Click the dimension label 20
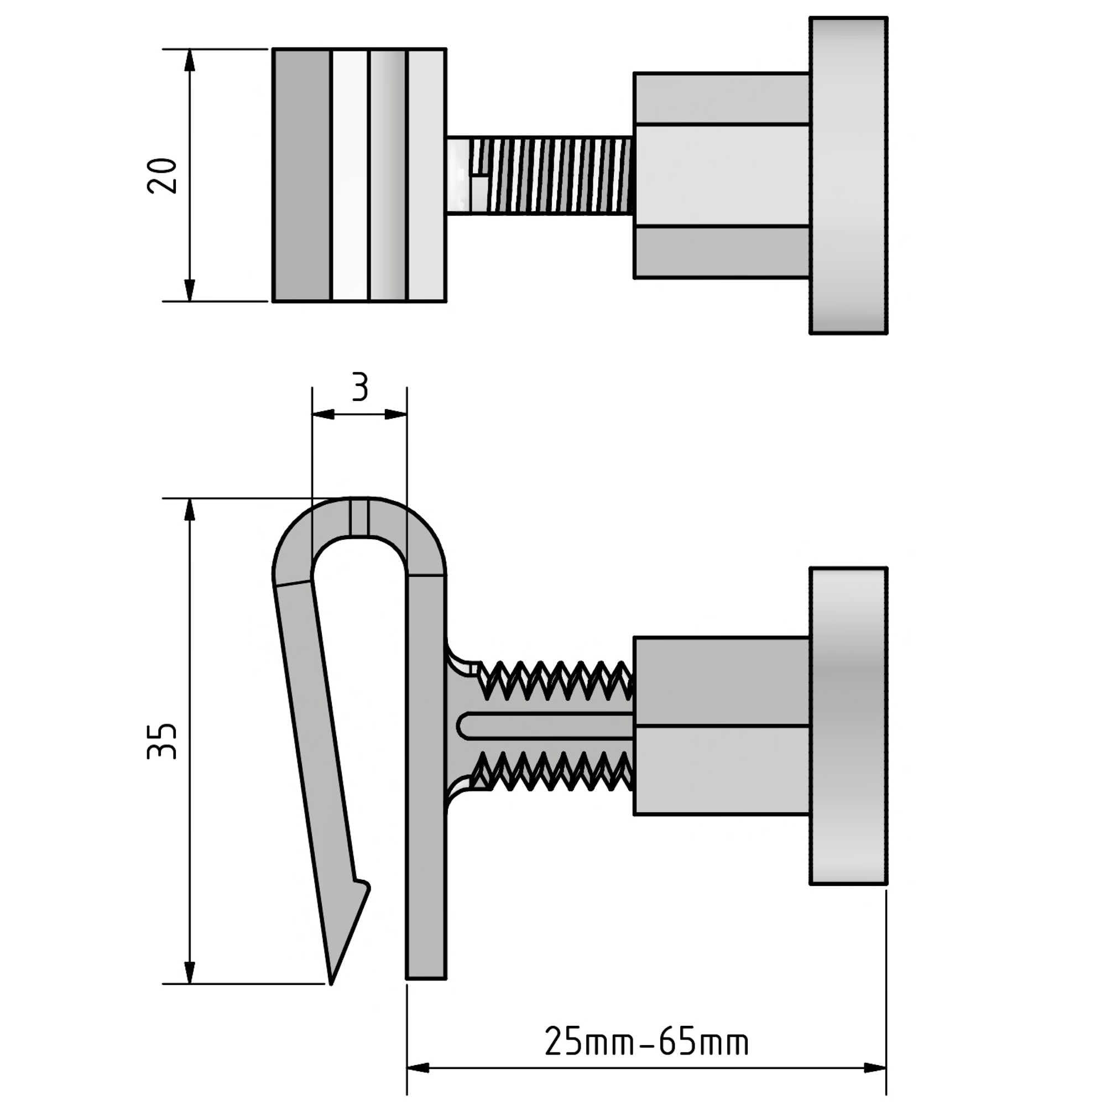point(162,175)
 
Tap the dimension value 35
point(162,742)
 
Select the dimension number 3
point(359,387)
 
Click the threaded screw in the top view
point(539,175)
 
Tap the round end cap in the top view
point(848,175)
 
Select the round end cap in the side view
point(848,726)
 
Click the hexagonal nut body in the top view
point(721,175)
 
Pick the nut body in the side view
point(721,726)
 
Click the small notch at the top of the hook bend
point(359,518)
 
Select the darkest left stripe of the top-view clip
point(302,175)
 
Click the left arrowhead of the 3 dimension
point(324,414)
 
